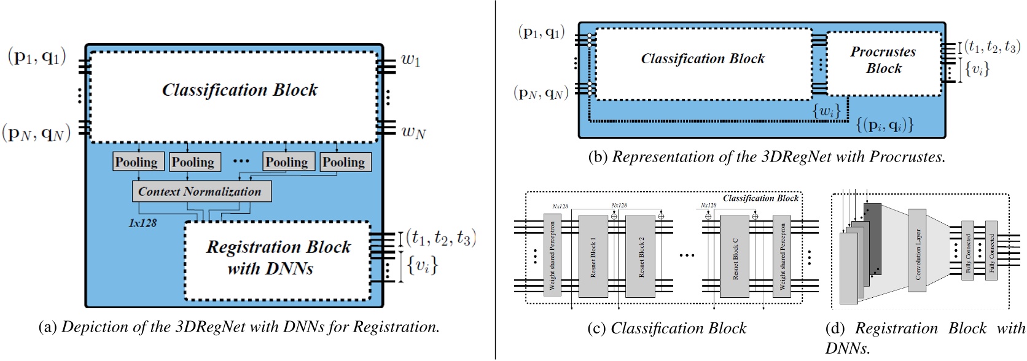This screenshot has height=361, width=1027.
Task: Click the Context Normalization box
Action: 201,192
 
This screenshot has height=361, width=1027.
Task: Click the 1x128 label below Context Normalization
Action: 142,223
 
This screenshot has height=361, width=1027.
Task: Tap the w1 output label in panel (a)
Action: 410,61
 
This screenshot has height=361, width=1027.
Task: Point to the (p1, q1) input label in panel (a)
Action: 37,59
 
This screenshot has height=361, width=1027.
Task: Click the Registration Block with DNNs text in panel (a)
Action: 278,257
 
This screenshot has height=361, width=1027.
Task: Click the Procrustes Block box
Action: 883,61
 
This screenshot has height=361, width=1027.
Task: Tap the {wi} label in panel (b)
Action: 826,112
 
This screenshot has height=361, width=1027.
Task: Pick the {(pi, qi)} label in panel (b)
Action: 884,125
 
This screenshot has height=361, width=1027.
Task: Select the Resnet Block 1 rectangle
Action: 593,256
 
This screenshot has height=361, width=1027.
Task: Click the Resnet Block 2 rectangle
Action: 641,256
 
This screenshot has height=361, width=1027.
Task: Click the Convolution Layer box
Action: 917,254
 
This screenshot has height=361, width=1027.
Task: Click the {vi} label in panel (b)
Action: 977,69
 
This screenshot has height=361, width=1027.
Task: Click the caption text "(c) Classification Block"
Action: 667,328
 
